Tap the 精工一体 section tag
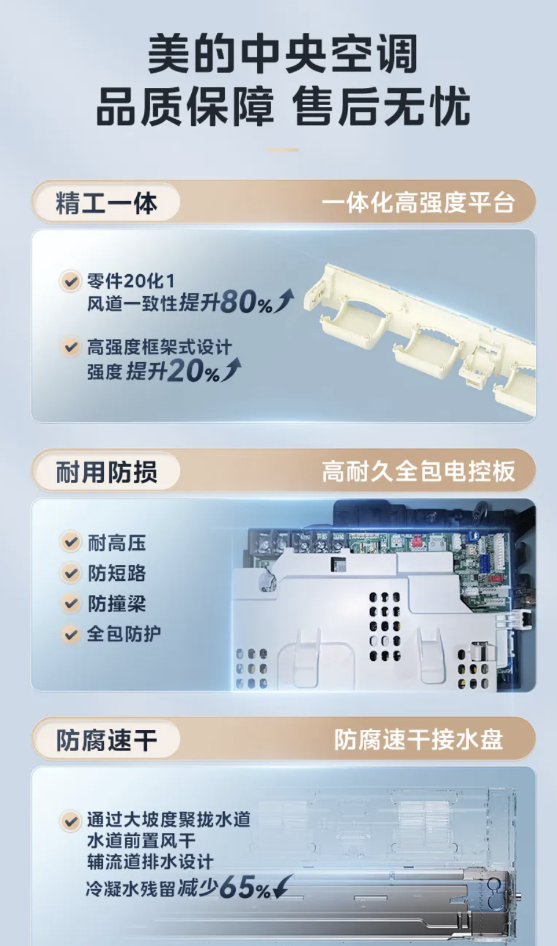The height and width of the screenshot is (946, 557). point(106,202)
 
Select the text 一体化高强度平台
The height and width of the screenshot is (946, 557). point(418,203)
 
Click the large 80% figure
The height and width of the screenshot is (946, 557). point(246,302)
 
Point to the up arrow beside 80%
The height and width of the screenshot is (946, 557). point(284,300)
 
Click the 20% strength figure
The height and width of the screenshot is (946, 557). point(194,371)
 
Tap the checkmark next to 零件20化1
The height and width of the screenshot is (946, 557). point(70,281)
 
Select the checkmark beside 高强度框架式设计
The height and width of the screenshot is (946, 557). point(70,347)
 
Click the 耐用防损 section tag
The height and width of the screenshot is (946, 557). point(106,471)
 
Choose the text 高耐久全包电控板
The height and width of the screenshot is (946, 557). point(418,471)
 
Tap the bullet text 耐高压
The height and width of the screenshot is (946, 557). point(117,543)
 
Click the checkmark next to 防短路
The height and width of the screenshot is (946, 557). point(70,573)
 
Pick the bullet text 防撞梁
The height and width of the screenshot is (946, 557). point(117,603)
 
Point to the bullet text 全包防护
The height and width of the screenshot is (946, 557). point(124,634)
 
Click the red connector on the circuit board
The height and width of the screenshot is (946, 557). point(417,541)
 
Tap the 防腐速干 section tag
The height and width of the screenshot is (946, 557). point(106,740)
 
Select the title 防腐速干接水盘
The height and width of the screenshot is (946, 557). point(418,740)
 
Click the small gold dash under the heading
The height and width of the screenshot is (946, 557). point(283,150)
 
